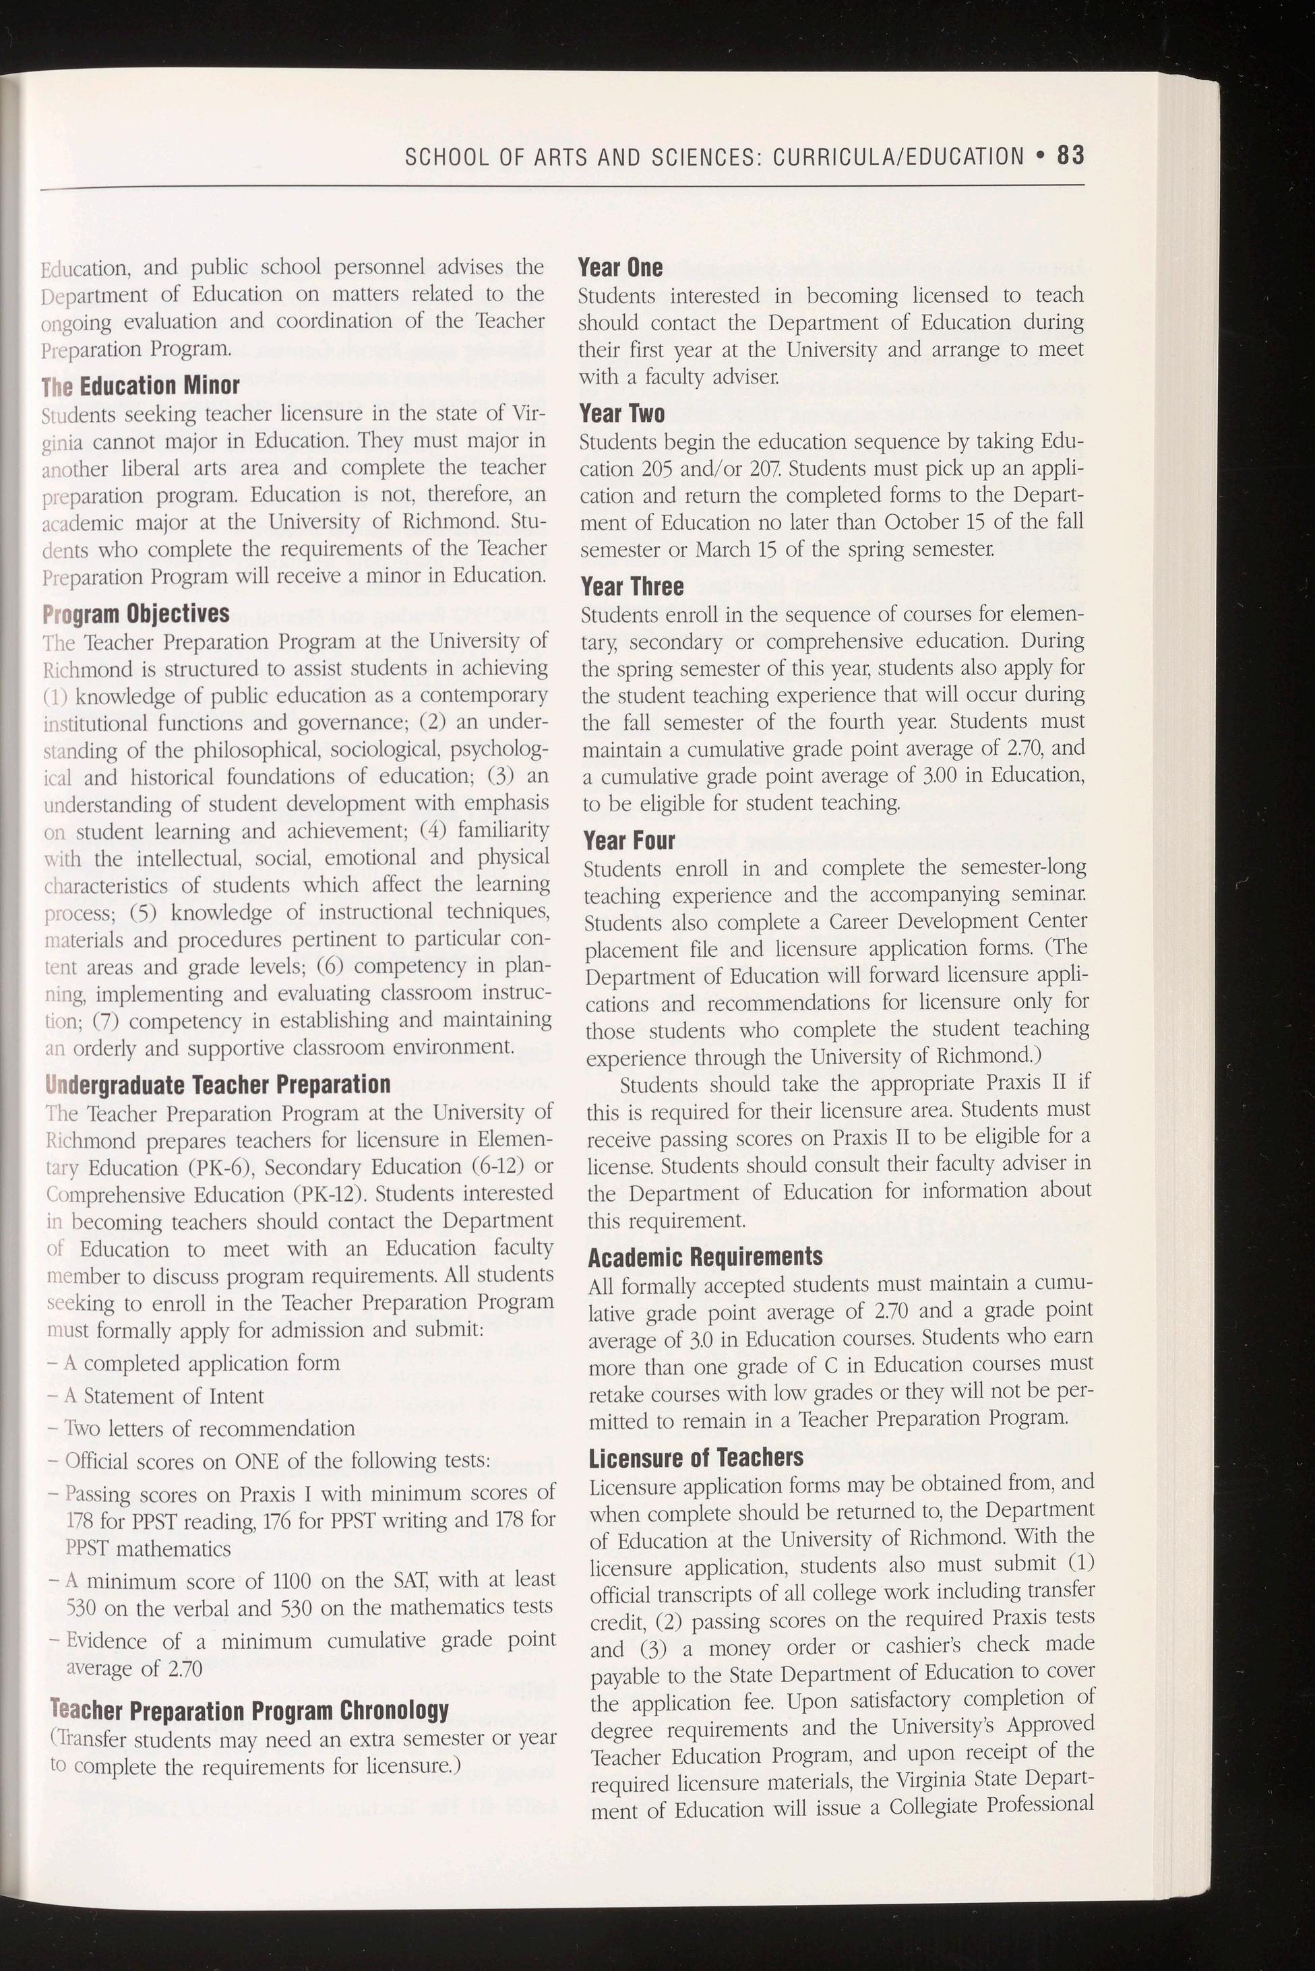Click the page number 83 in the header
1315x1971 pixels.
1071,156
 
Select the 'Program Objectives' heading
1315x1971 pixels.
136,614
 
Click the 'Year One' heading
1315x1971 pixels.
621,268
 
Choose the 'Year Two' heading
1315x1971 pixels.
622,413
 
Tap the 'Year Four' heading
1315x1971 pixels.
629,840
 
